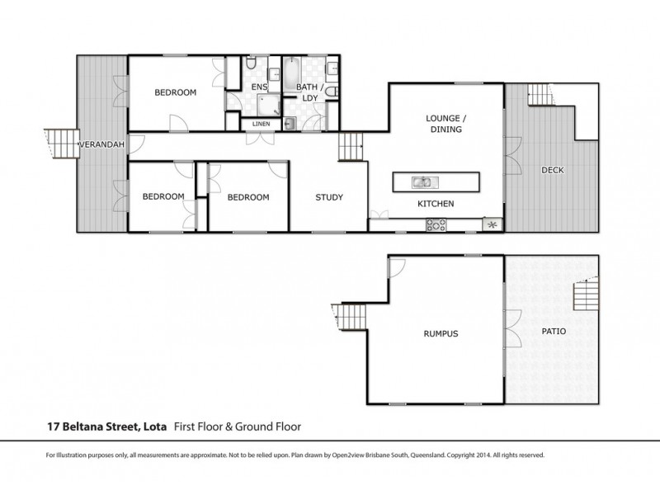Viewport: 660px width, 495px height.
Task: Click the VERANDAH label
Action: (x=101, y=145)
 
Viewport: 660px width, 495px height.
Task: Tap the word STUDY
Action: (x=329, y=197)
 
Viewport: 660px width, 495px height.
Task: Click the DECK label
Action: (x=551, y=170)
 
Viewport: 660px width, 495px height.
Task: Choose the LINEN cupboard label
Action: (x=261, y=125)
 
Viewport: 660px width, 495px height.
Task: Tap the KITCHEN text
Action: (x=436, y=204)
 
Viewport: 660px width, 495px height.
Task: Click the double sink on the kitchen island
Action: (x=422, y=181)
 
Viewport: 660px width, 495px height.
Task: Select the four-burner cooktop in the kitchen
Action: (x=436, y=224)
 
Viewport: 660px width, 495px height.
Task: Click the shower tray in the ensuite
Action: (x=266, y=103)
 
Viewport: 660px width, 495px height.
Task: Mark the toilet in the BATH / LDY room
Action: (x=331, y=92)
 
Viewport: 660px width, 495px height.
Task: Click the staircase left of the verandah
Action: (x=59, y=144)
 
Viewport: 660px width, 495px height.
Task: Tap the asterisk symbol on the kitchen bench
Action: (x=493, y=224)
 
